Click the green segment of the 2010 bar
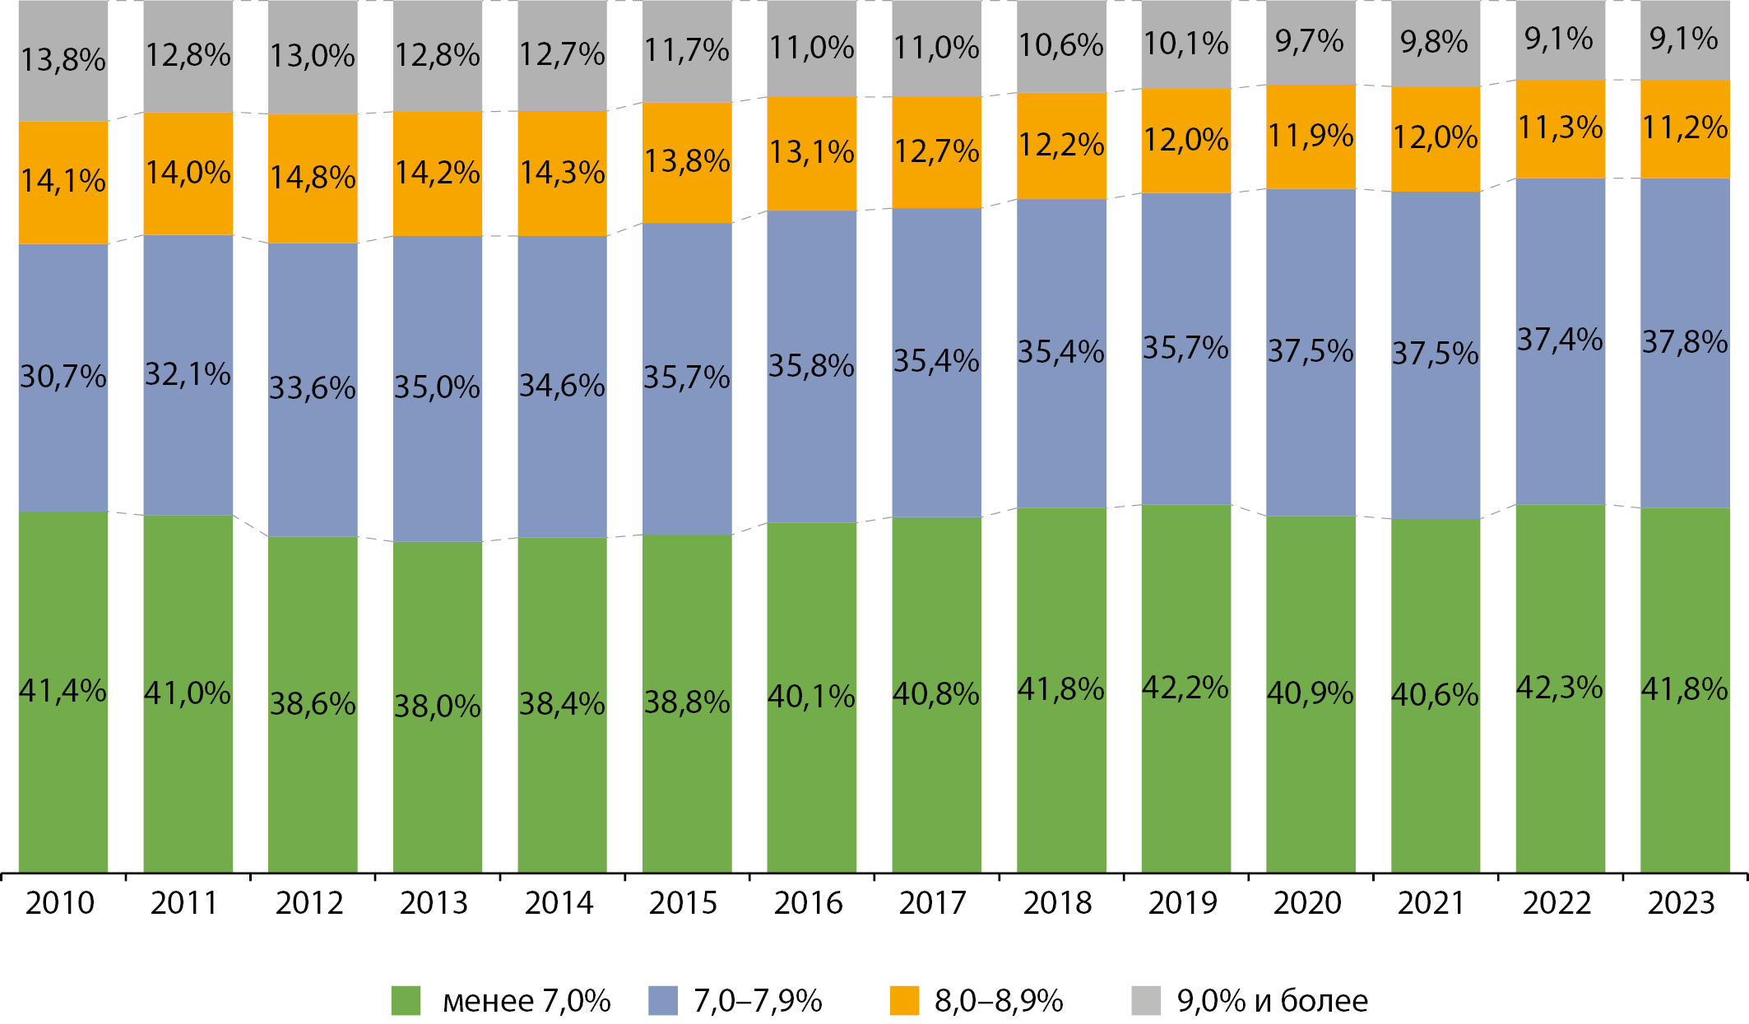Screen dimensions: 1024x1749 click(63, 781)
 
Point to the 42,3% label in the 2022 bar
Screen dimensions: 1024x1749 click(1560, 688)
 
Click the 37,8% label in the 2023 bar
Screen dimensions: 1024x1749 click(1685, 342)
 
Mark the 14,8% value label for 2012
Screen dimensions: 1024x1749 click(313, 178)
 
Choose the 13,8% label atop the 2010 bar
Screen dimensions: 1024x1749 click(63, 60)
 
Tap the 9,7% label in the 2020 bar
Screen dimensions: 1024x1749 click(1310, 41)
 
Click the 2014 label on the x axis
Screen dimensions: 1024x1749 click(559, 903)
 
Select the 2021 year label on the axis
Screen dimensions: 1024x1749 click(1431, 903)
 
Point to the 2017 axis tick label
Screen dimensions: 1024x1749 click(933, 903)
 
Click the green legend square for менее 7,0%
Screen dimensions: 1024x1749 click(406, 1001)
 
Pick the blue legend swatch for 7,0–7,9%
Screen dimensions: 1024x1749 click(662, 1001)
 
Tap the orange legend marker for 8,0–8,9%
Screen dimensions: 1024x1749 click(904, 1001)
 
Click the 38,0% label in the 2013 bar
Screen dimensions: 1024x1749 click(438, 706)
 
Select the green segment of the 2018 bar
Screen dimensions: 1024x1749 click(1061, 781)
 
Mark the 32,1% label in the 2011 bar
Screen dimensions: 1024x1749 click(188, 375)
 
